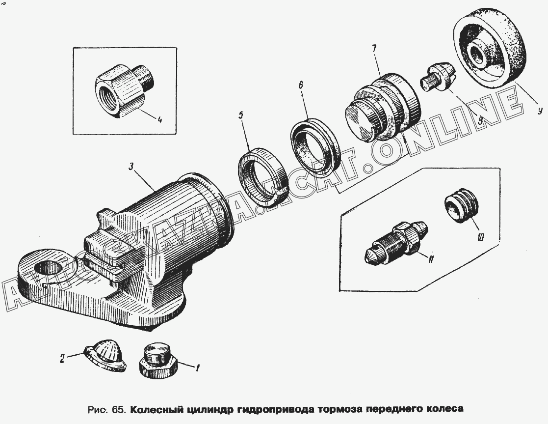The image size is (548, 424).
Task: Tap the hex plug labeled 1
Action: point(159,361)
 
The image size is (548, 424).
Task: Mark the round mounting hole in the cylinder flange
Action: point(48,270)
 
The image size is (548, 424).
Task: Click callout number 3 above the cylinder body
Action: point(131,167)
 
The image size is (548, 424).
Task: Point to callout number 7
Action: point(374,48)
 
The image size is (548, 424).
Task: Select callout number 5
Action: point(241,115)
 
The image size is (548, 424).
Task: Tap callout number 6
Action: point(301,85)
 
